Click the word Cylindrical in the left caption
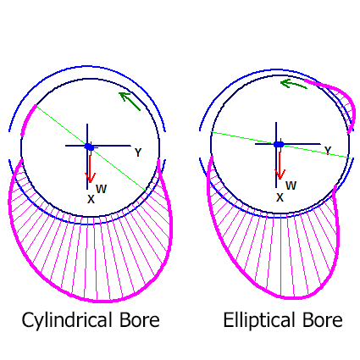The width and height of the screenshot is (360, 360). (66, 320)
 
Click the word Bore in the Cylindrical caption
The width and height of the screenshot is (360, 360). (140, 320)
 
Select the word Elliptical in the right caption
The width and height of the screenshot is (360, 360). (258, 320)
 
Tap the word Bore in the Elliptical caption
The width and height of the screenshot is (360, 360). (323, 320)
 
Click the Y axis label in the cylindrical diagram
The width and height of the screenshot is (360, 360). (138, 152)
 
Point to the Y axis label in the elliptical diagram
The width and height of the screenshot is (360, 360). (328, 151)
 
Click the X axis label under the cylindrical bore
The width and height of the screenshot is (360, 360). (91, 199)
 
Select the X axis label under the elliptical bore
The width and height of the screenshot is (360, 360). (280, 197)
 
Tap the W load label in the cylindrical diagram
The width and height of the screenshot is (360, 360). (102, 189)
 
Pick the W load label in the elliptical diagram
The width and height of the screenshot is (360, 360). (291, 186)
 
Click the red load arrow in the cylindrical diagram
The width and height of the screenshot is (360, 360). (90, 169)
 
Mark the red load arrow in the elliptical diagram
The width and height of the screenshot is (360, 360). (280, 165)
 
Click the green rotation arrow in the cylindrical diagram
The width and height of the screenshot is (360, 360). (130, 101)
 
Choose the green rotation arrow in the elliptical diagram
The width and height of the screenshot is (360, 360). (294, 83)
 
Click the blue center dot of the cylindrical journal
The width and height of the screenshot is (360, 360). (89, 147)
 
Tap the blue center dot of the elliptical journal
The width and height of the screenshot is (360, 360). (279, 144)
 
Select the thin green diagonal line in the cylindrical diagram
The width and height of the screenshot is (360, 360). (91, 147)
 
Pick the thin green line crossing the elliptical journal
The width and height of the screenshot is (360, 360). (280, 145)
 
